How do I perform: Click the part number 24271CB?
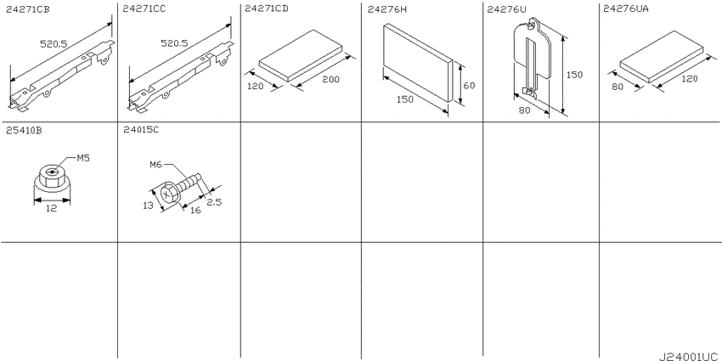tap(28, 8)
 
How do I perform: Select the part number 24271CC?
tap(145, 8)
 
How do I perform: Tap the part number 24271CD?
tap(267, 8)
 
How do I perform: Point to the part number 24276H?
tap(386, 8)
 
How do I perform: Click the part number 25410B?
tap(24, 130)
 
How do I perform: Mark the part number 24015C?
tap(141, 130)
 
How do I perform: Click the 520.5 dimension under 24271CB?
tap(54, 43)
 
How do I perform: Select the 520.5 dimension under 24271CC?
tap(174, 43)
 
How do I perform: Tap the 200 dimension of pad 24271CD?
tap(330, 79)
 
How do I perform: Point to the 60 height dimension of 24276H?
tap(469, 85)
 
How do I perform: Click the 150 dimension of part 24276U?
tap(574, 75)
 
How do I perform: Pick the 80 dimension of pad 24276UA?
tap(618, 86)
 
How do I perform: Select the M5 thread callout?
tap(83, 158)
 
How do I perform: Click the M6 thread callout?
tap(157, 165)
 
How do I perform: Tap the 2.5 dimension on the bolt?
tap(214, 201)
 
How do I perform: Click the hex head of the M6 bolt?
tap(169, 194)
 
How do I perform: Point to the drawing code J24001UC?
tap(688, 357)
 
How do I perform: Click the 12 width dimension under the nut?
tap(51, 209)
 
